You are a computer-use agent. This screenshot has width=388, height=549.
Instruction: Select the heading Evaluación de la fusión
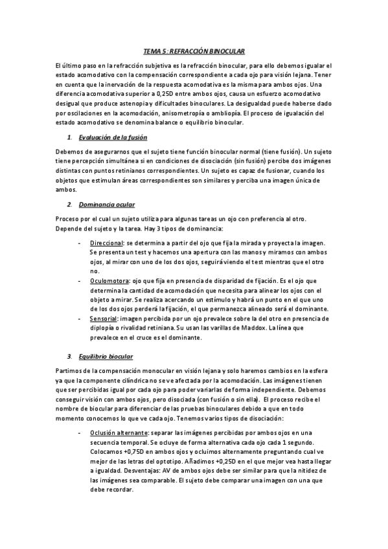point(113,138)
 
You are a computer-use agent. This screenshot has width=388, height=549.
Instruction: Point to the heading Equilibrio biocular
point(106,357)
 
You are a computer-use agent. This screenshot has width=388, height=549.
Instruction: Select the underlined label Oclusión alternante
point(122,432)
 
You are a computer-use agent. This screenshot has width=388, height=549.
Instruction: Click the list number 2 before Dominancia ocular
point(69,205)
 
